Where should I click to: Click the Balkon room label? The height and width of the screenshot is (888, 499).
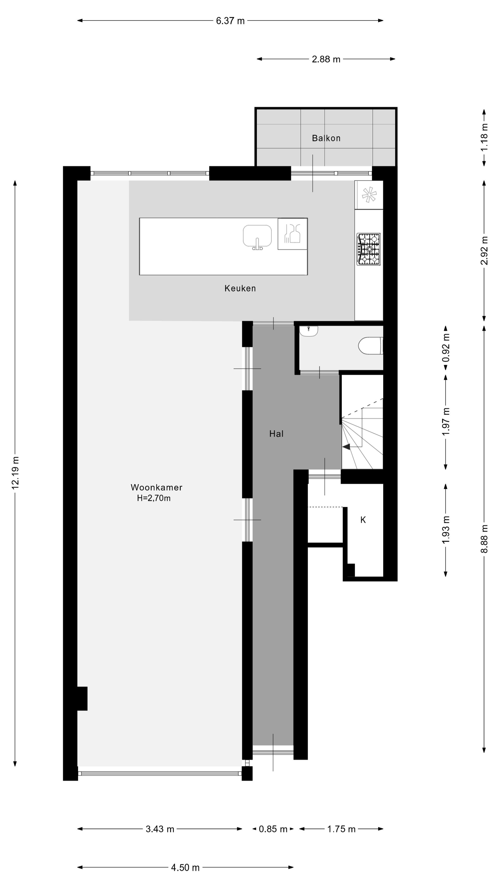point(326,138)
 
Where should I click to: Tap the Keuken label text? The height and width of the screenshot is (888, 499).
point(240,289)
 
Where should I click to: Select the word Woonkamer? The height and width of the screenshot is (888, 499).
point(156,487)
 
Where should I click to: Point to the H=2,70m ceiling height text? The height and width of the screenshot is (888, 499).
point(154,498)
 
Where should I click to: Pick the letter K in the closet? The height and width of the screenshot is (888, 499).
point(363,520)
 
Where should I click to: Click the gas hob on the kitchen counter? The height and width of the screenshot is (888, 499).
point(368,249)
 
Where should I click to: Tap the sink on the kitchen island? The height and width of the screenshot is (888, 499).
point(257,237)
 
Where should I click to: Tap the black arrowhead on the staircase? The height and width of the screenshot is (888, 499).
point(346,447)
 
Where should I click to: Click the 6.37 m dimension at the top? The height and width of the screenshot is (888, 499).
point(230,21)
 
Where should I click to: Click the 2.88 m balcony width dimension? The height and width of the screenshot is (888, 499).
point(326,59)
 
